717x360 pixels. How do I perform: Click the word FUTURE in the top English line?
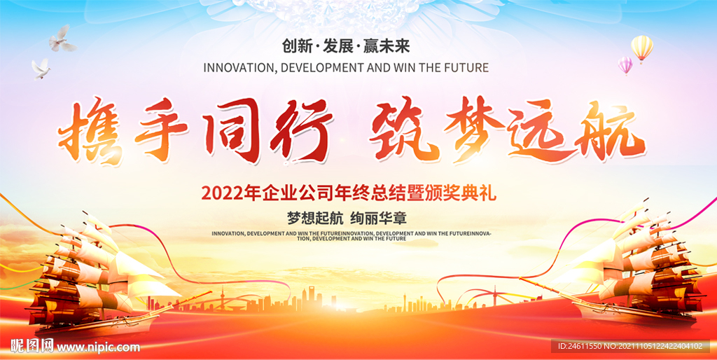click(x=464, y=68)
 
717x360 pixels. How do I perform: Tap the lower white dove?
click(x=41, y=68)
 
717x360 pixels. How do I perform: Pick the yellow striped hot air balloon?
click(x=641, y=48)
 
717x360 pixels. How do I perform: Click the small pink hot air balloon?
click(x=625, y=65)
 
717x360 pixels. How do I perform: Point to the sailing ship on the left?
click(x=91, y=277)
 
